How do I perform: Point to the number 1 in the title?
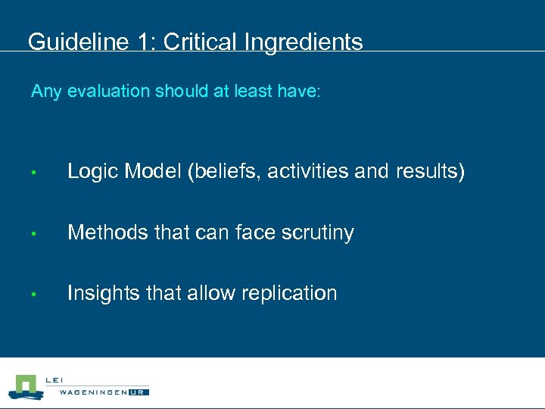point(144,42)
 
